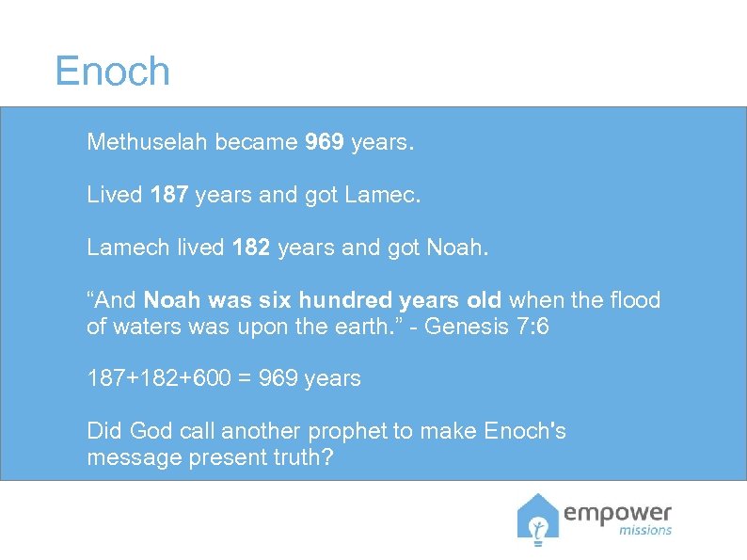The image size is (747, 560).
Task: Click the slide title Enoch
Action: [x=112, y=72]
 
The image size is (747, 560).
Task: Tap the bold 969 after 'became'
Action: [x=325, y=143]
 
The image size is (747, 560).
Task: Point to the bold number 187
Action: [x=169, y=196]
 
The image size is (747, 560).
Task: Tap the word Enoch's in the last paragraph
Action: [x=525, y=431]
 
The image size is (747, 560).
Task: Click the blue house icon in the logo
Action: [x=538, y=519]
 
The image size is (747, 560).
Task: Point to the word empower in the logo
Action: [x=618, y=513]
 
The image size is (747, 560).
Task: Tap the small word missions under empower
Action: [x=645, y=531]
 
